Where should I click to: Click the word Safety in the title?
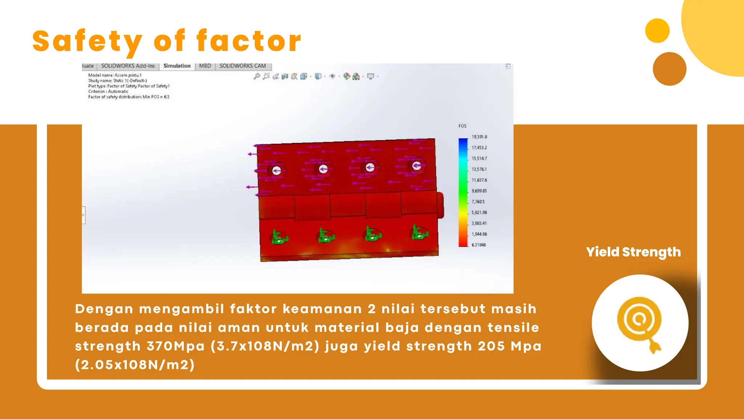[87, 41]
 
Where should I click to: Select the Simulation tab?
[177, 66]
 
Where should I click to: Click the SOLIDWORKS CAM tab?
[243, 66]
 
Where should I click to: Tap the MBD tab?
[205, 66]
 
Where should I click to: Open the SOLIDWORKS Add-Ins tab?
[128, 66]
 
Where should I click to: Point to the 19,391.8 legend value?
[479, 137]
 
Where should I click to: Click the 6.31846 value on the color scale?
[478, 245]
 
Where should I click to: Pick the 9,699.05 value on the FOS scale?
[479, 191]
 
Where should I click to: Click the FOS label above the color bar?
[462, 126]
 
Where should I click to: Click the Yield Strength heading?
[633, 252]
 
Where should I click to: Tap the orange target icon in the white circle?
[639, 322]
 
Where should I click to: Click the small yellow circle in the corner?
[657, 31]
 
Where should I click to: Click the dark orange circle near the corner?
[669, 69]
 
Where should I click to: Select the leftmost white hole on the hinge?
[276, 170]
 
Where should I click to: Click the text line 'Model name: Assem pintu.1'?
[115, 75]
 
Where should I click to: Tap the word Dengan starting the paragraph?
[104, 309]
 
